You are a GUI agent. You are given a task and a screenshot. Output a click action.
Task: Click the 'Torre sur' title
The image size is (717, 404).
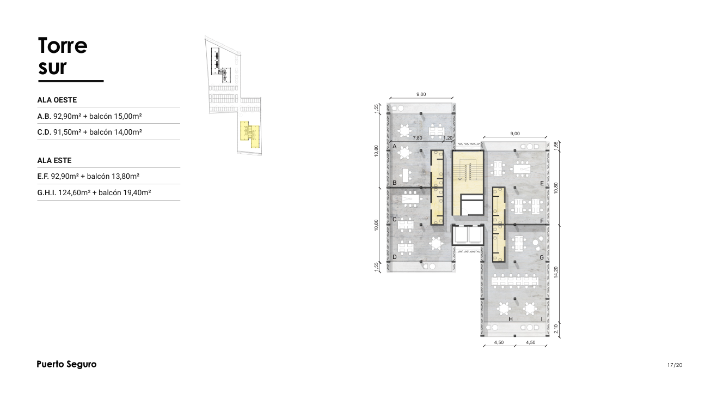(x=63, y=56)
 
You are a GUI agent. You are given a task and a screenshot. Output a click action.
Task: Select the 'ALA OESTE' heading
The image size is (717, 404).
(x=57, y=100)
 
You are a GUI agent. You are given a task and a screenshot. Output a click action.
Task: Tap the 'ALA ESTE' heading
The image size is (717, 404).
(x=54, y=160)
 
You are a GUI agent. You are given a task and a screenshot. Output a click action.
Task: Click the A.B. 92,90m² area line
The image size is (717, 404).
(x=90, y=116)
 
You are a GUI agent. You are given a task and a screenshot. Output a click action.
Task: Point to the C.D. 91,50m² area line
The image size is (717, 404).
(x=90, y=132)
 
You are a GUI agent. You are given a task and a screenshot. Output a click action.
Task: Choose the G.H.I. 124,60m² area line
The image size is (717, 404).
(x=94, y=192)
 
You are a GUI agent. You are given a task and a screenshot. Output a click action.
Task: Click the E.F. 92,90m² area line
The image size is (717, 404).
(x=88, y=176)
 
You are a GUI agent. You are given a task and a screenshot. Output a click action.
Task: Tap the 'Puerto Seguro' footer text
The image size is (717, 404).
(x=66, y=364)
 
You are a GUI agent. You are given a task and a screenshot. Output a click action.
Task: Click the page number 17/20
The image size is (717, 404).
(x=675, y=365)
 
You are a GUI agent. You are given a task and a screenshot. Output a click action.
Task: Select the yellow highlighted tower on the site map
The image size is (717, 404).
(x=250, y=134)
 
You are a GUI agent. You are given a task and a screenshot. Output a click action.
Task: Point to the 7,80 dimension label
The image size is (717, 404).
(x=418, y=138)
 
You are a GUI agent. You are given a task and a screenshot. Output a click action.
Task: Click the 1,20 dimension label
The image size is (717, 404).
(x=448, y=138)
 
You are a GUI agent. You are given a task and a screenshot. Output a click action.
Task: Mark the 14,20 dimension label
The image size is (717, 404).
(x=556, y=272)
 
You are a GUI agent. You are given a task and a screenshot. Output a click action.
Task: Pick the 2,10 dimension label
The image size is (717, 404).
(x=556, y=329)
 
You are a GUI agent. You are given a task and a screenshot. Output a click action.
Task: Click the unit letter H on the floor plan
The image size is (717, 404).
(x=511, y=319)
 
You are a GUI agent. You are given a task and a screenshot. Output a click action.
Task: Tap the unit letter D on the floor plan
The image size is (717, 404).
(x=395, y=257)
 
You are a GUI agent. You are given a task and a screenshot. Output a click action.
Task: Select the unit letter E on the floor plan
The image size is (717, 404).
(x=542, y=183)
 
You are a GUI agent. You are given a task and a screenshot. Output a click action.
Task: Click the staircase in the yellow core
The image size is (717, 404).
(x=468, y=172)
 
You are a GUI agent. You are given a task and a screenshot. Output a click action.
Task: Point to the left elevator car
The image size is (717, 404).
(x=460, y=234)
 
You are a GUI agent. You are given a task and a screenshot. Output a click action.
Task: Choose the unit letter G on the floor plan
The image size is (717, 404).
(x=542, y=257)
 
